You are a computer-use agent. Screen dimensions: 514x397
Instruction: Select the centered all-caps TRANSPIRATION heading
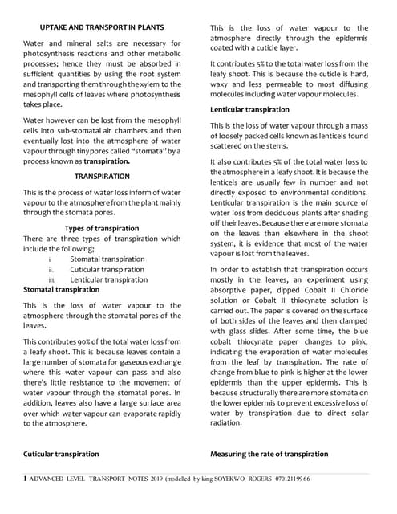pyautogui.click(x=102, y=175)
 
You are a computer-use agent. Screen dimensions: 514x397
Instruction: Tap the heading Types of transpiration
pyautogui.click(x=102, y=229)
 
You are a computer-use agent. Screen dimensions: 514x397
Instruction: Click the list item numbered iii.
pyautogui.click(x=107, y=279)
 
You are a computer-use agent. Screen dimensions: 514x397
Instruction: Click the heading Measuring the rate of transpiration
pyautogui.click(x=269, y=454)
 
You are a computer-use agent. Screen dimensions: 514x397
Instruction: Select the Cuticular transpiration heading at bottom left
pyautogui.click(x=62, y=454)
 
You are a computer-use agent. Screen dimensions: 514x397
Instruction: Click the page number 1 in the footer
pyautogui.click(x=25, y=479)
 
